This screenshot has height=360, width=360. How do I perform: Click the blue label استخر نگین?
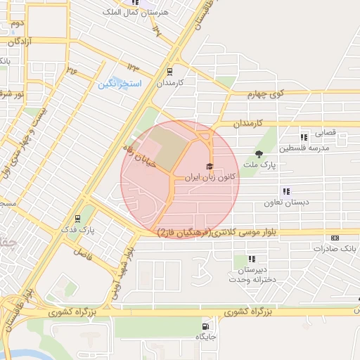click(120, 84)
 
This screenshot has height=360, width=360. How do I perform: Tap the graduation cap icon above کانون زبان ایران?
click(209, 167)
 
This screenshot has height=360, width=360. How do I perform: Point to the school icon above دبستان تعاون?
click(286, 191)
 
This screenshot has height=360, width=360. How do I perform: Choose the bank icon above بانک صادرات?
click(335, 237)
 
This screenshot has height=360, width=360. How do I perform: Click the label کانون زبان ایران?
click(208, 179)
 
